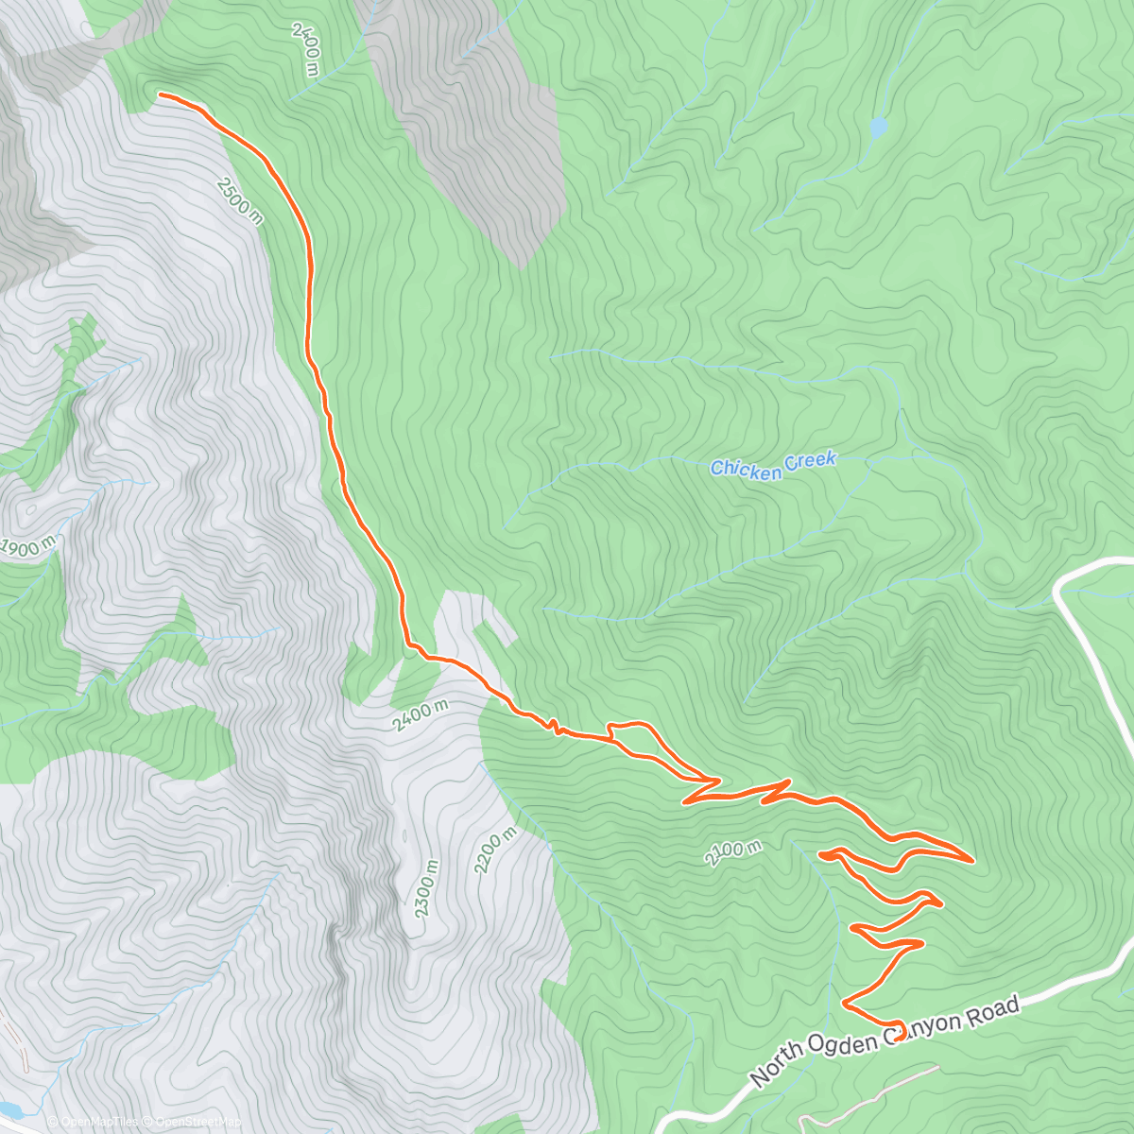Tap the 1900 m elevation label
[29, 547]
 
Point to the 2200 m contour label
[495, 850]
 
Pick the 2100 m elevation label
[732, 852]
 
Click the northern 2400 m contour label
[306, 49]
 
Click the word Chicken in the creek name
[744, 468]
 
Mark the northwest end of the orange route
[160, 94]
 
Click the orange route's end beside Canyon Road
[897, 1028]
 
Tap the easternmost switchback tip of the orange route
[972, 860]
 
